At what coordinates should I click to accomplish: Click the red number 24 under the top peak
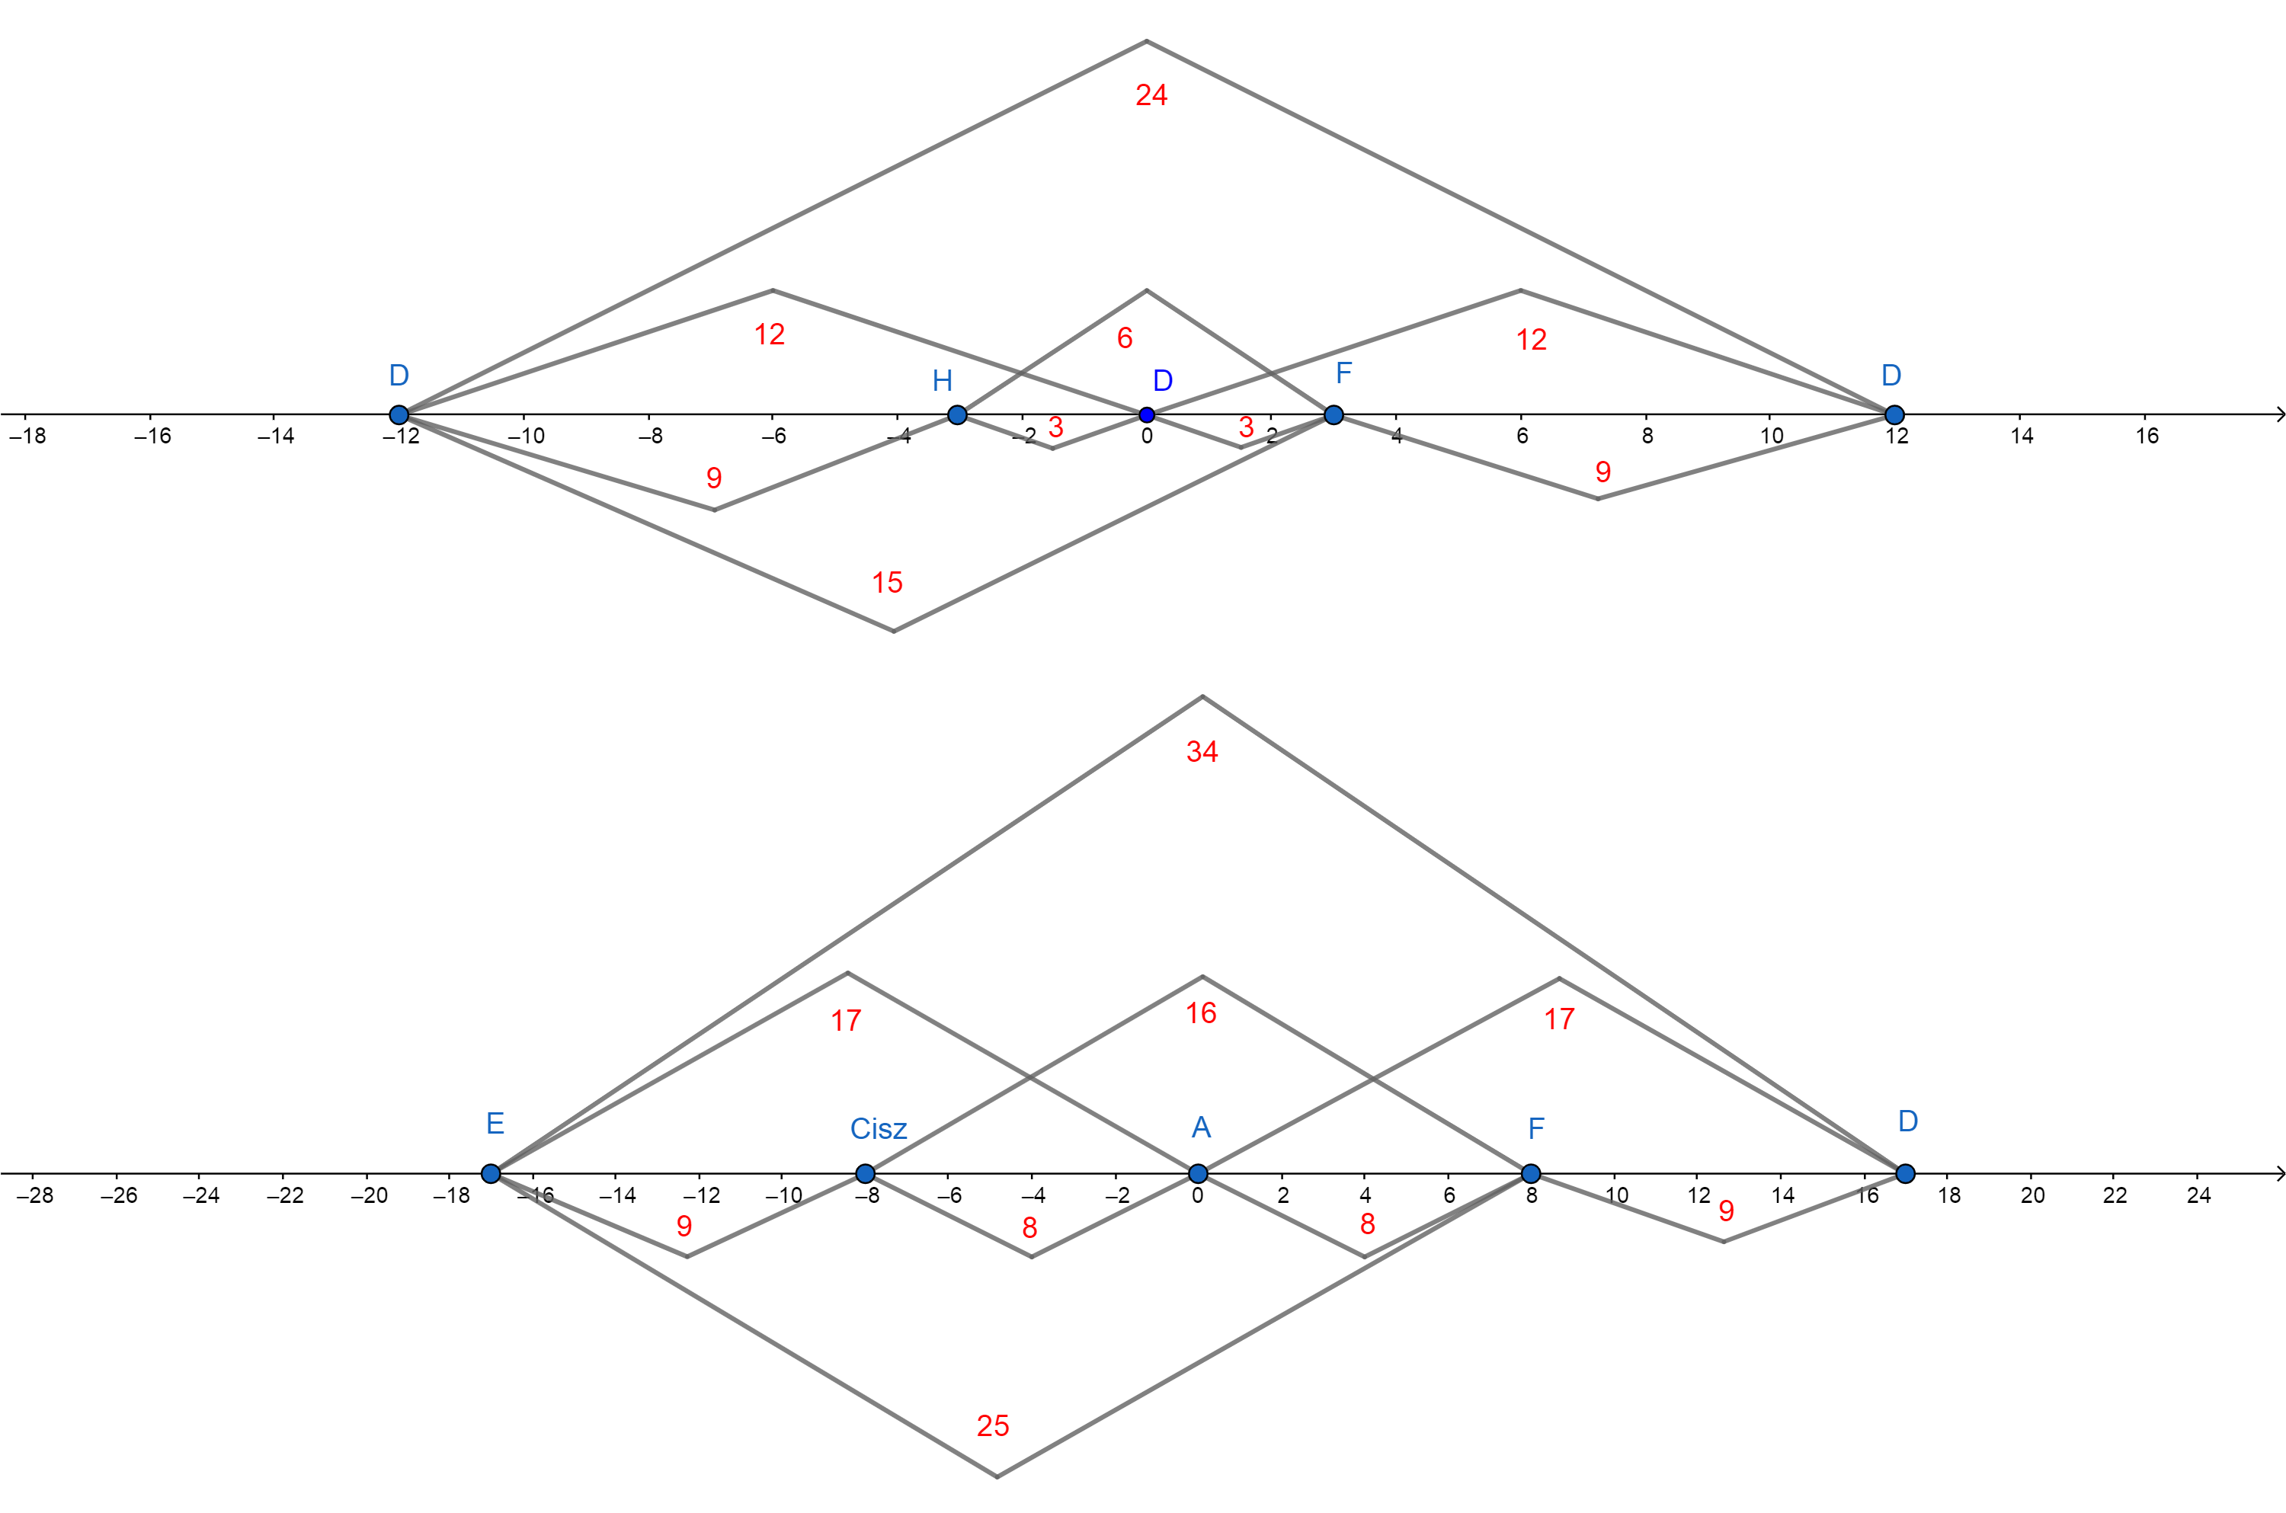coord(1151,94)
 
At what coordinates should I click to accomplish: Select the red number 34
coord(1202,752)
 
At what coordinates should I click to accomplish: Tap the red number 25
coord(993,1425)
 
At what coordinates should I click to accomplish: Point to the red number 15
coord(887,582)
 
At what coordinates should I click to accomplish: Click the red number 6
coord(1124,337)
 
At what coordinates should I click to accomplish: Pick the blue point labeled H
coord(957,415)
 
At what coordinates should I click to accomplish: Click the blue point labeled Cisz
coord(866,1173)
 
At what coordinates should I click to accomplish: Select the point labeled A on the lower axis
coord(1198,1173)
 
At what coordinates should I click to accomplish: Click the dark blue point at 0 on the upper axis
coord(1146,415)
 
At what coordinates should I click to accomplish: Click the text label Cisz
coord(878,1129)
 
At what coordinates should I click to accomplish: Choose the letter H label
coord(942,381)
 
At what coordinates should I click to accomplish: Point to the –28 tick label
coord(35,1195)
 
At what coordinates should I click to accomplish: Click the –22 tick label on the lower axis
coord(285,1195)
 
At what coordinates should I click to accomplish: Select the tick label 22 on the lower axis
coord(2115,1195)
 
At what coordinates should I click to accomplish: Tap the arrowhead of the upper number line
coord(2279,415)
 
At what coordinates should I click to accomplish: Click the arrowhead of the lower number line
coord(2279,1173)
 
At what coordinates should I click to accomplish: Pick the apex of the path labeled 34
coord(1202,696)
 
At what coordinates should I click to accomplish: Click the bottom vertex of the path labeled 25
coord(997,1476)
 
